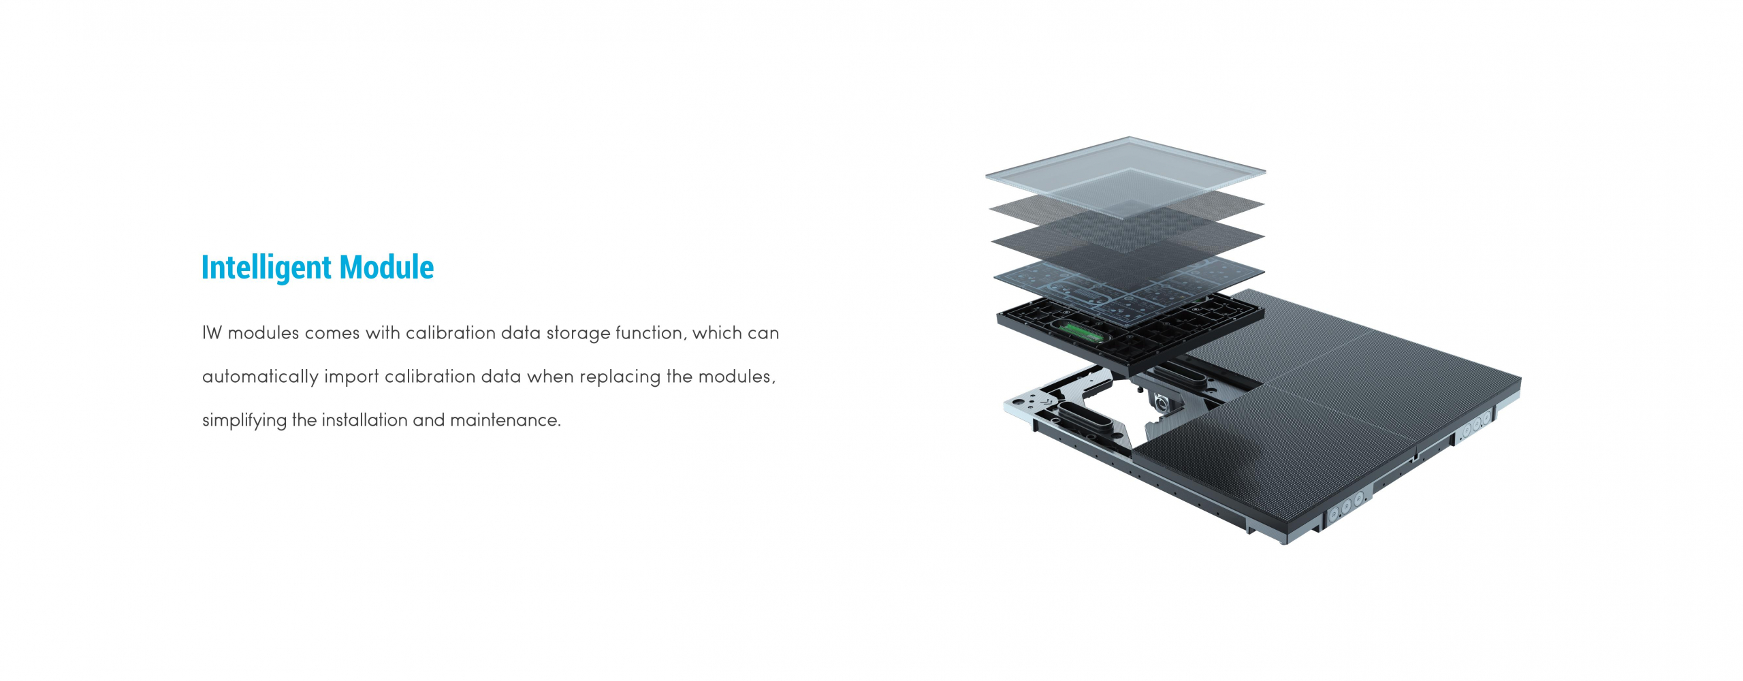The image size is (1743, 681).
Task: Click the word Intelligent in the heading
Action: tap(266, 268)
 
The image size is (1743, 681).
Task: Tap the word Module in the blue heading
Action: tap(386, 267)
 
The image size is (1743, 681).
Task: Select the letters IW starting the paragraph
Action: tap(212, 333)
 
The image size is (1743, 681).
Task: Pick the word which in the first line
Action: tap(717, 332)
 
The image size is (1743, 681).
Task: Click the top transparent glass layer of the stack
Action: tap(1125, 176)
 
